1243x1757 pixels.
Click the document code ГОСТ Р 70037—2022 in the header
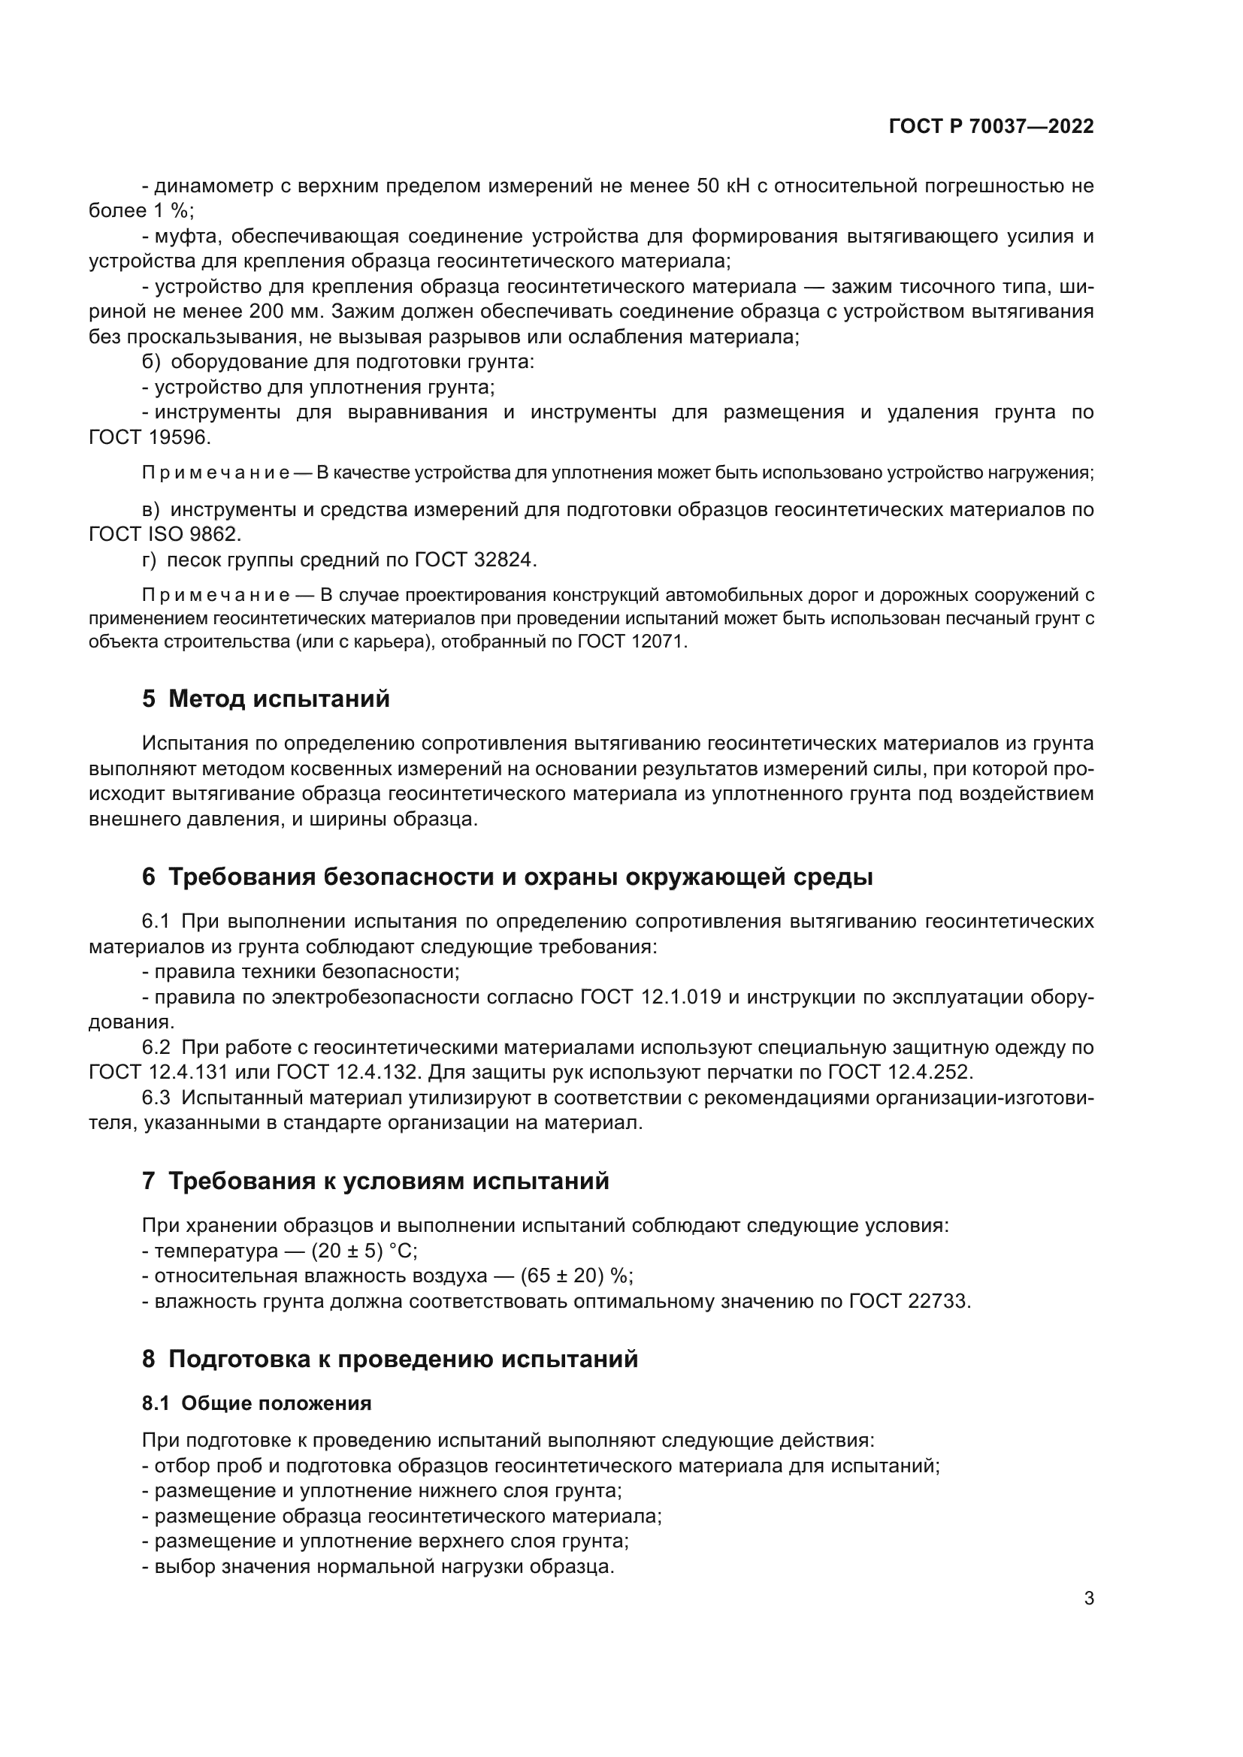click(991, 127)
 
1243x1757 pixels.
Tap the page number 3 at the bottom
click(1088, 1599)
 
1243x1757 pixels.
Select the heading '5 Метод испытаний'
click(265, 699)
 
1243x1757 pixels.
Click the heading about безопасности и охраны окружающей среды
click(507, 877)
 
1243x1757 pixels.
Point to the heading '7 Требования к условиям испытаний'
click(375, 1181)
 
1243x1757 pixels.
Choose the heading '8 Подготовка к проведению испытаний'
click(389, 1359)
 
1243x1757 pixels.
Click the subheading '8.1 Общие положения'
click(256, 1403)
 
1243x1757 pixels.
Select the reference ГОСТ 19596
click(150, 438)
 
